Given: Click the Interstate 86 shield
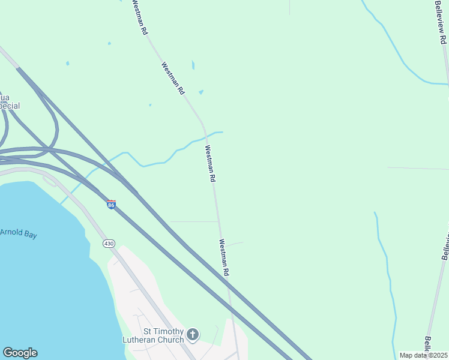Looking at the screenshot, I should pyautogui.click(x=112, y=205).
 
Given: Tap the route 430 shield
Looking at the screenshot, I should pyautogui.click(x=108, y=243).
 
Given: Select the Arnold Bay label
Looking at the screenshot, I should pyautogui.click(x=18, y=233).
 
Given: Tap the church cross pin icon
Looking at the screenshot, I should pyautogui.click(x=193, y=334).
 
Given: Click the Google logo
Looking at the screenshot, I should pyautogui.click(x=20, y=353).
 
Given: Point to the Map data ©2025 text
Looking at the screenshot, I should pyautogui.click(x=423, y=355).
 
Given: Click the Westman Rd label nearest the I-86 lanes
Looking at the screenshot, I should pyautogui.click(x=224, y=258).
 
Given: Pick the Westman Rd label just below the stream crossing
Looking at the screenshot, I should pyautogui.click(x=210, y=164).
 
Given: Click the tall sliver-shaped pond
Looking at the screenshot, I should pyautogui.click(x=193, y=64).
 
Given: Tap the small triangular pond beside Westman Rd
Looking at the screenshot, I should pyautogui.click(x=200, y=92).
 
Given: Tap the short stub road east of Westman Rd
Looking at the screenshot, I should pyautogui.click(x=234, y=244).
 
